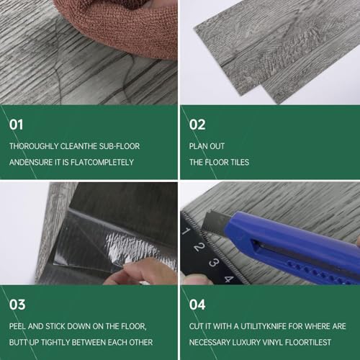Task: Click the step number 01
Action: [16, 125]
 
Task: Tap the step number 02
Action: [197, 125]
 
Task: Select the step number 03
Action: [17, 305]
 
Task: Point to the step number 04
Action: [197, 305]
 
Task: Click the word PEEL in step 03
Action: [17, 326]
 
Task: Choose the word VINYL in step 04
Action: [273, 343]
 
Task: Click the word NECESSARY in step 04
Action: [210, 343]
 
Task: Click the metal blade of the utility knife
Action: [215, 222]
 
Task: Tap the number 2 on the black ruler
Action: [199, 247]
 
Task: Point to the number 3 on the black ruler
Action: [213, 262]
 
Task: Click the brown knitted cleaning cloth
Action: [120, 27]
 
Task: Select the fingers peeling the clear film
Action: [142, 272]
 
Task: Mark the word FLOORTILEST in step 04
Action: [308, 343]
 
